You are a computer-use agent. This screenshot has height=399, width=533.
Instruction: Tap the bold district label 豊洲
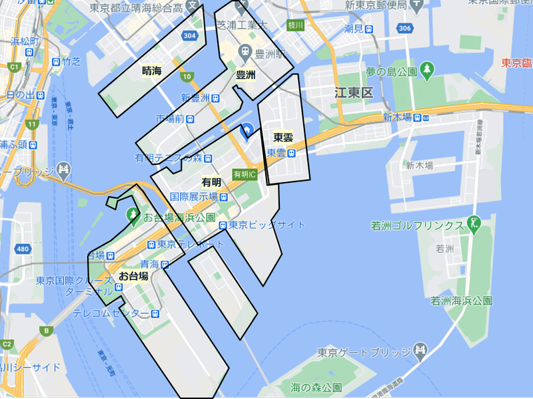pyautogui.click(x=245, y=75)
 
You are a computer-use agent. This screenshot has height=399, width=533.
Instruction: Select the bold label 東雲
pyautogui.click(x=283, y=138)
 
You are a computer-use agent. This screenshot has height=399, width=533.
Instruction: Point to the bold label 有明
pyautogui.click(x=211, y=182)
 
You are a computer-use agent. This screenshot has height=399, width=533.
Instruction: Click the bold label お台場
pyautogui.click(x=133, y=275)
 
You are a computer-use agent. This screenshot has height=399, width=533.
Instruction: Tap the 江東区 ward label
pyautogui.click(x=354, y=92)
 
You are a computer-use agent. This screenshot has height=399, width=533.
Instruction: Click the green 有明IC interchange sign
pyautogui.click(x=244, y=174)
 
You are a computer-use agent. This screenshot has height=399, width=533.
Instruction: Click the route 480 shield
pyautogui.click(x=23, y=249)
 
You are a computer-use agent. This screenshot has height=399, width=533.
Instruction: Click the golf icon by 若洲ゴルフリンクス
pyautogui.click(x=474, y=224)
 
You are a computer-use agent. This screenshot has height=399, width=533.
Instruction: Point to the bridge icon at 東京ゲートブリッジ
pyautogui.click(x=420, y=351)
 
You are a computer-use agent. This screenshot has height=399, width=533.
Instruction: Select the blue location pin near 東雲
pyautogui.click(x=246, y=131)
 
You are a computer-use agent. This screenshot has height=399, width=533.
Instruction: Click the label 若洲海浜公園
pyautogui.click(x=462, y=301)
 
